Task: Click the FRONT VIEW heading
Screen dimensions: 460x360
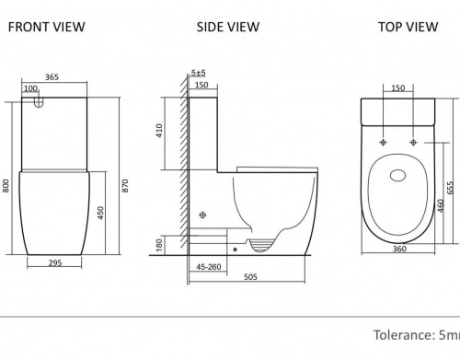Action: (46, 27)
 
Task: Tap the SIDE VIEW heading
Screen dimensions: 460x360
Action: (228, 27)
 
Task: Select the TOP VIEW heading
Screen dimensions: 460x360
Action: (408, 27)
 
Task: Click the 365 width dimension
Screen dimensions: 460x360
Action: (52, 77)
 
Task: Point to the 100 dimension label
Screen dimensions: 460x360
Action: (30, 88)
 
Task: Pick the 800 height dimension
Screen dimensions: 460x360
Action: (6, 186)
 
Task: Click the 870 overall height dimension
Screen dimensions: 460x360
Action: (125, 186)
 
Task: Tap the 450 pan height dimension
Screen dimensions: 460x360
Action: (101, 213)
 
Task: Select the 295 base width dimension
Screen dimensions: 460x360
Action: (55, 263)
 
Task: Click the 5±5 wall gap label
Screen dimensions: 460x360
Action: (199, 73)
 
